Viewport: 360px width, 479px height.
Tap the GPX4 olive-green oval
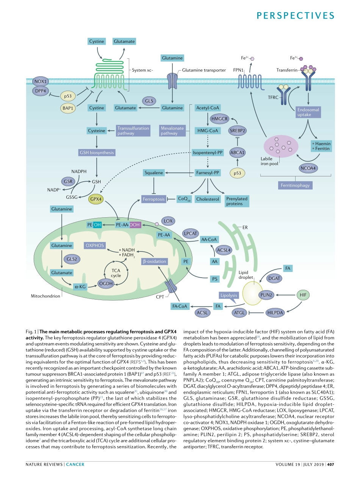tap(96, 199)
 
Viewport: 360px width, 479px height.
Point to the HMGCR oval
tap(219, 119)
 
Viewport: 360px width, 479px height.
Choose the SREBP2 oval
tap(238, 131)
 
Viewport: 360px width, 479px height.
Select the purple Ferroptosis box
tap(153, 199)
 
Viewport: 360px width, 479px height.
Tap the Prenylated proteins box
tap(237, 201)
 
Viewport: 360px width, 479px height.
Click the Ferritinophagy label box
tap(295, 185)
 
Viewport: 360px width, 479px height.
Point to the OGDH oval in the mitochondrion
tap(106, 283)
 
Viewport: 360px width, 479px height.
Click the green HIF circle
tap(302, 294)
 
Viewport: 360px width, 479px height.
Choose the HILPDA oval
tap(275, 313)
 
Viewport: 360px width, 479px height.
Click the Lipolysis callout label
tap(229, 295)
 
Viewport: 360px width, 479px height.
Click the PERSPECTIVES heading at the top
tap(296, 15)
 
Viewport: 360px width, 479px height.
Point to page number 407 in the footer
tap(330, 464)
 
